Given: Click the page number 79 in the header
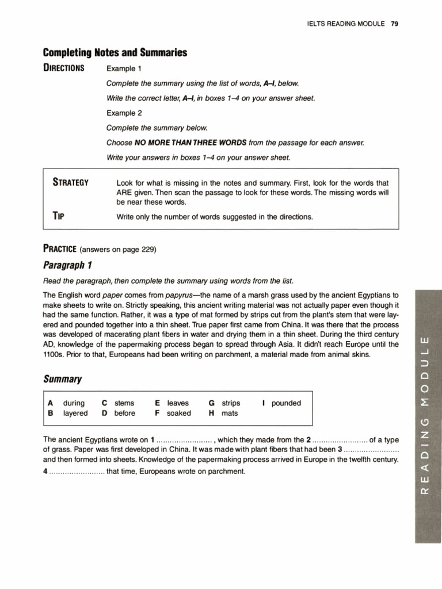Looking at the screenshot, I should (x=395, y=24).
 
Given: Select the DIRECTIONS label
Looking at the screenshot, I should (x=64, y=68).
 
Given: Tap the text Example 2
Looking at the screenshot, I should (x=124, y=113).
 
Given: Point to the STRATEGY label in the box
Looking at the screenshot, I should (x=70, y=183).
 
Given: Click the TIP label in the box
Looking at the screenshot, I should (x=58, y=216).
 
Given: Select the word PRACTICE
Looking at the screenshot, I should (x=60, y=249).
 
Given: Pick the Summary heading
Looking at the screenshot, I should (x=62, y=380).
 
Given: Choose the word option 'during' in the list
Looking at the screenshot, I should (x=74, y=403).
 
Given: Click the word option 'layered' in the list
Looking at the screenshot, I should (x=75, y=413).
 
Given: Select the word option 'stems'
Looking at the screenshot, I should (x=124, y=403).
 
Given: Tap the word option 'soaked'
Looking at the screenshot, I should (x=178, y=413).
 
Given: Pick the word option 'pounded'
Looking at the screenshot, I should (x=286, y=403).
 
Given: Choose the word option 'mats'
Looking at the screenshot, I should (x=230, y=413).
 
